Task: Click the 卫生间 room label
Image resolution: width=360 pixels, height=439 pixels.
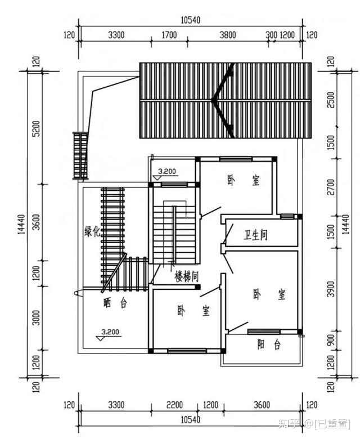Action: point(255,235)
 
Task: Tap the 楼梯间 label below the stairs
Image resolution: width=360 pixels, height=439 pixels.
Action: point(187,276)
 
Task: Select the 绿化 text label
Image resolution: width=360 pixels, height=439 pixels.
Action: point(92,231)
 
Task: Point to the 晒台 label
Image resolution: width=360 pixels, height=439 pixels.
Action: point(115,303)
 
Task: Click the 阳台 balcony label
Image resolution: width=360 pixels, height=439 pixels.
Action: point(269,344)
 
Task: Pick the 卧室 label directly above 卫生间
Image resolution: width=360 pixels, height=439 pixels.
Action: point(244,180)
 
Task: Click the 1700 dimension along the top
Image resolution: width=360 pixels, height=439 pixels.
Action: point(169,35)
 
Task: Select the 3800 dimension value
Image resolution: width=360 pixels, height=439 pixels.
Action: point(228,35)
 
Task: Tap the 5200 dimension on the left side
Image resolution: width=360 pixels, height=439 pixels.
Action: point(37,129)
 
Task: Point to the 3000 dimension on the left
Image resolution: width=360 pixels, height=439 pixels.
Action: point(37,318)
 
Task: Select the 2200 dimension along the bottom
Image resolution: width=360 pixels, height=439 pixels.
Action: point(174,405)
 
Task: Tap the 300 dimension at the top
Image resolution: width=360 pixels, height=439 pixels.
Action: point(271,35)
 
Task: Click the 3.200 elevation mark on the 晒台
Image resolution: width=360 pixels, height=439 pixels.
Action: point(110,332)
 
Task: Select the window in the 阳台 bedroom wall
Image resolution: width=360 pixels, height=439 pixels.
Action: point(264,332)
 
